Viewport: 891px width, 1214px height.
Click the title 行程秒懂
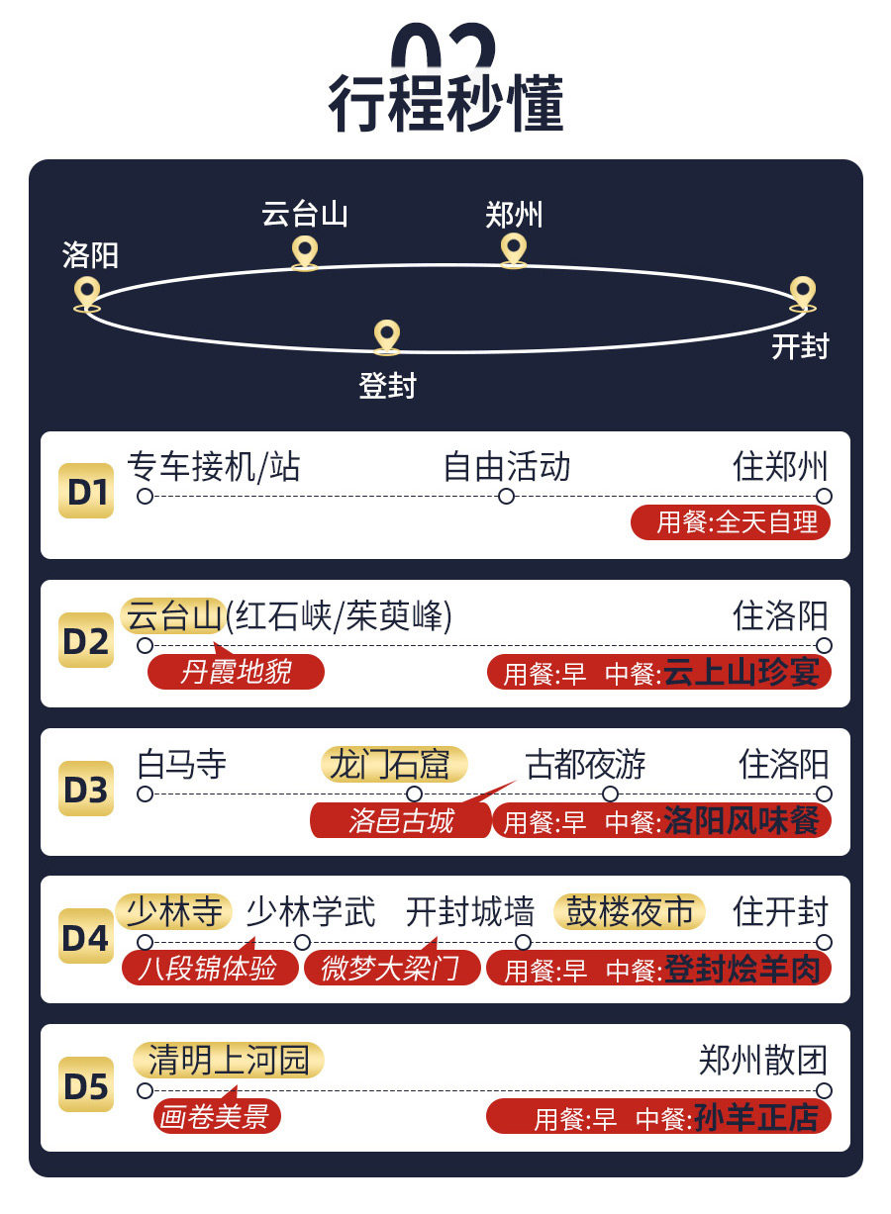(445, 102)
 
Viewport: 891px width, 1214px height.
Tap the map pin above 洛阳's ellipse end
(87, 293)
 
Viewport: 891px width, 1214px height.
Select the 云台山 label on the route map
(305, 214)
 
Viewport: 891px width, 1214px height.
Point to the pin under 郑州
(513, 249)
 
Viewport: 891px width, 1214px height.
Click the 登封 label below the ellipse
(387, 385)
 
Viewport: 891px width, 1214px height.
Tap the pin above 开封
(803, 293)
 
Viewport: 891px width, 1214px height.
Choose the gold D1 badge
(86, 491)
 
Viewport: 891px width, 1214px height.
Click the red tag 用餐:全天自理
(731, 522)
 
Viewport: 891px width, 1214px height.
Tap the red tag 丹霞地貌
(236, 673)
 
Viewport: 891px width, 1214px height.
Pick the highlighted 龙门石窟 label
(394, 764)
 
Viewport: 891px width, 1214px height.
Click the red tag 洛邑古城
(400, 821)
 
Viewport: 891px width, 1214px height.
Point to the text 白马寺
(182, 764)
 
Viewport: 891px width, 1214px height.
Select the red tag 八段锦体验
(209, 968)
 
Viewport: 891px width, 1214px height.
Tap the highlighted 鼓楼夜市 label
(630, 912)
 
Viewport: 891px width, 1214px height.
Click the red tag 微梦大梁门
(391, 968)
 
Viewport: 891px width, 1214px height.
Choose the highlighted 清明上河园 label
(229, 1061)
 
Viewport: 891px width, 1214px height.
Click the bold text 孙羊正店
(756, 1118)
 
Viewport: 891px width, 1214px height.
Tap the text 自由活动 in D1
(507, 467)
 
